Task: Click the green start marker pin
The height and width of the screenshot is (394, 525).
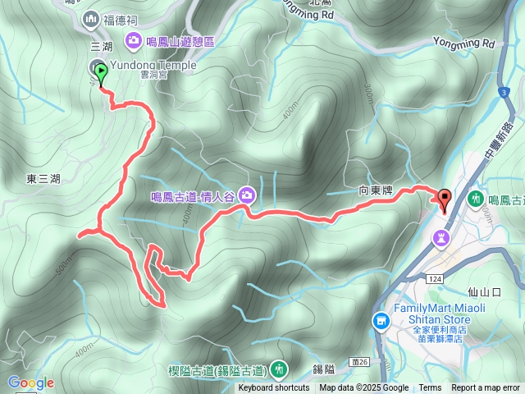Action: tap(101, 74)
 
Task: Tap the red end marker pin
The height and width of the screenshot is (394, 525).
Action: tap(445, 198)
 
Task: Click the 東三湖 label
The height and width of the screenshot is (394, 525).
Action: tap(43, 179)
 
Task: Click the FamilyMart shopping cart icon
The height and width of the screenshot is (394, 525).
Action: tap(380, 319)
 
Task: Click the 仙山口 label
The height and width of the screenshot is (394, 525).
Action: tap(483, 291)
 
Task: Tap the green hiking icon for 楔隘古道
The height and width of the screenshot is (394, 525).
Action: tap(280, 369)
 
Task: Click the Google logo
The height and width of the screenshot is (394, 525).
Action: tap(31, 383)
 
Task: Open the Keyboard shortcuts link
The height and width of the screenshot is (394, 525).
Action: tap(274, 388)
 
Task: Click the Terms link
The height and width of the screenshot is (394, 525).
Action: tap(430, 388)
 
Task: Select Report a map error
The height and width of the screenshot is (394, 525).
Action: tap(486, 388)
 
